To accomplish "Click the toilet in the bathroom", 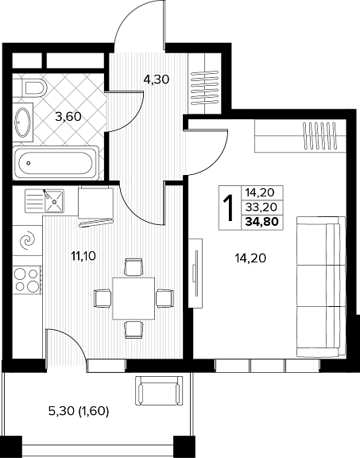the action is (32, 87).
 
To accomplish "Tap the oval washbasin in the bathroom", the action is (23, 122).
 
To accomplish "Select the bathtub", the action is (56, 162).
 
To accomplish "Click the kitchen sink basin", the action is (54, 200).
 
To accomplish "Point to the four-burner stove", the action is (27, 281).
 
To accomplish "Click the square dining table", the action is (134, 298).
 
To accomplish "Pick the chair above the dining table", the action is (134, 266).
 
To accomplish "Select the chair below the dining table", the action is (134, 330).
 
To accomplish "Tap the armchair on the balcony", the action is (159, 391).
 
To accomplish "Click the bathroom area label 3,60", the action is (68, 117).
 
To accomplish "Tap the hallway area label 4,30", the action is (157, 80).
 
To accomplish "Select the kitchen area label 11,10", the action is (83, 257).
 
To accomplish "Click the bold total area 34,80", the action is (262, 222).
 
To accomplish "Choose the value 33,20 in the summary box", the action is (261, 207).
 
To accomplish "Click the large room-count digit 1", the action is (229, 208).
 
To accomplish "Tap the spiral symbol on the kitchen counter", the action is (27, 241).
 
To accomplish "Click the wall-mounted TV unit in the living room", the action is (195, 273).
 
